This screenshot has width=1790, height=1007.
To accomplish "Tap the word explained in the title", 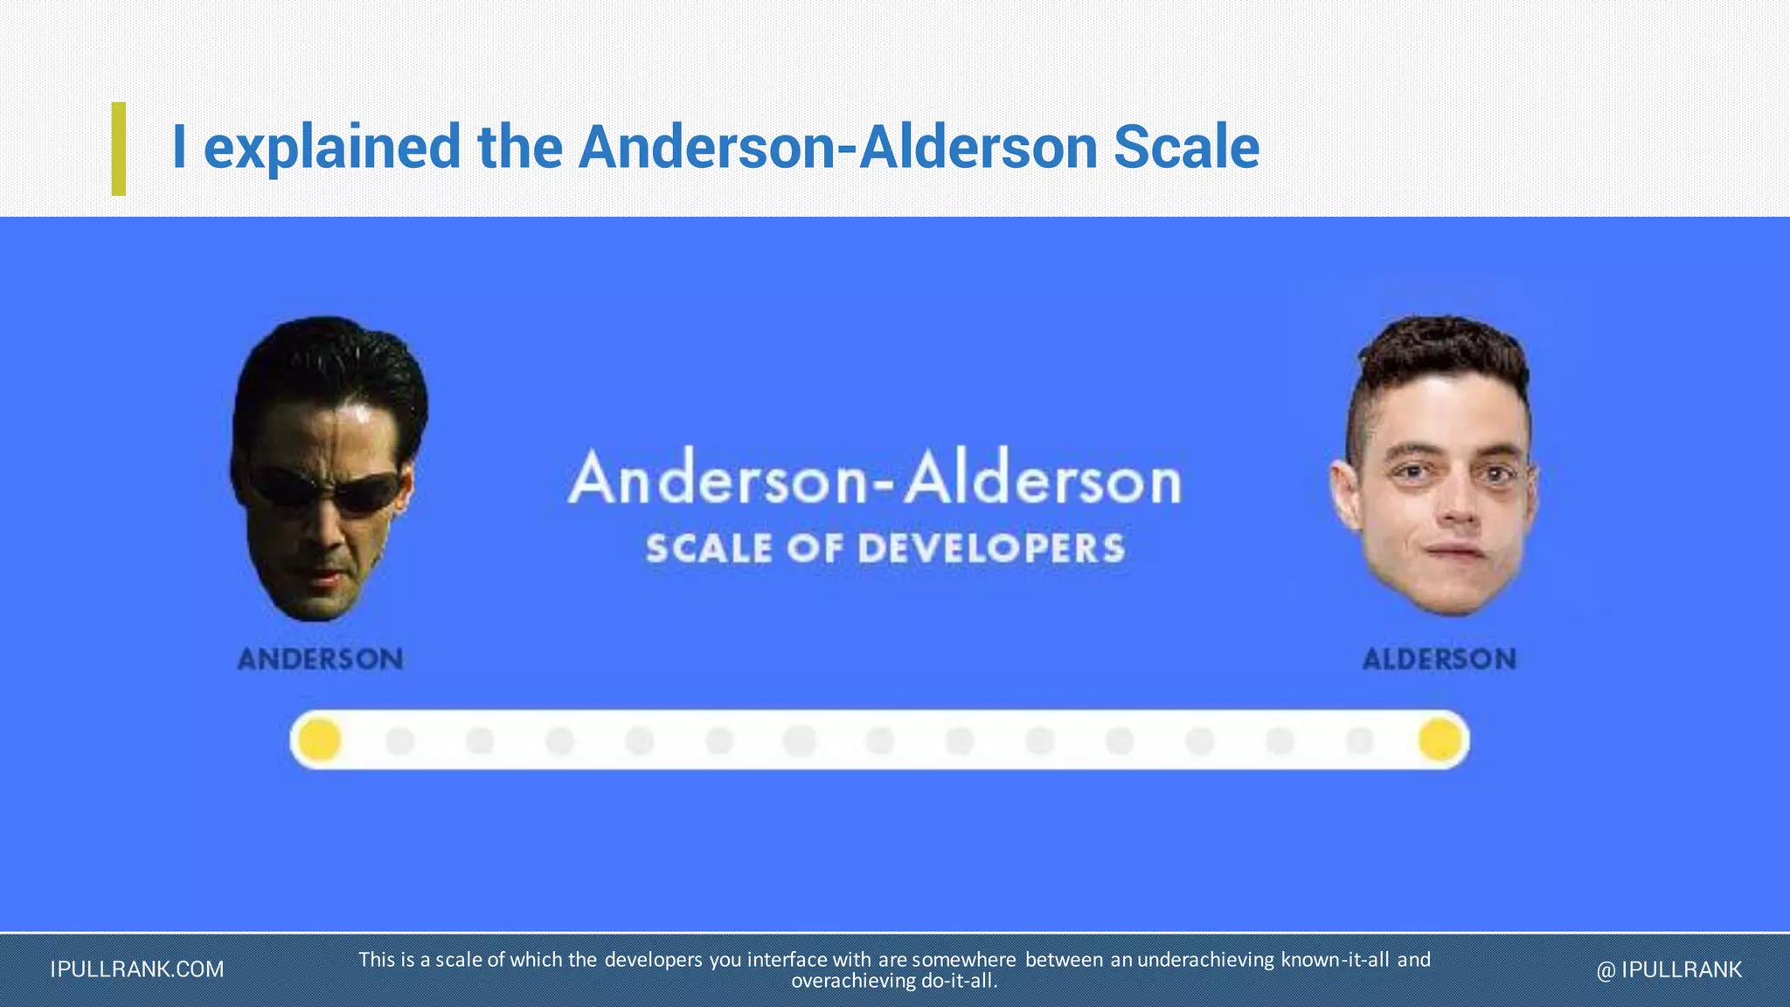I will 332,149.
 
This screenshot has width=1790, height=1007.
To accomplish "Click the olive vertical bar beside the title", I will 119,149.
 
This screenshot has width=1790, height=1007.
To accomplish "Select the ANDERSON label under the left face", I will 321,658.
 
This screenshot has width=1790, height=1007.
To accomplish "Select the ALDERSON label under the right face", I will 1439,658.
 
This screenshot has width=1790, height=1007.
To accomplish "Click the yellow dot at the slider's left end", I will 320,740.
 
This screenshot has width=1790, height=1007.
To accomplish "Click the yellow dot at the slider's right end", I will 1440,740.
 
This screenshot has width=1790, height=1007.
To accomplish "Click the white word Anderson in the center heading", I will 717,480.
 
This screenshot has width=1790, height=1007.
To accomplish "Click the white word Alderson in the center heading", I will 1043,480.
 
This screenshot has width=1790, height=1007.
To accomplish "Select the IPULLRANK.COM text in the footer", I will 137,969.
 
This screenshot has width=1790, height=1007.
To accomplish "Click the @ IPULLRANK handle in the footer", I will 1669,969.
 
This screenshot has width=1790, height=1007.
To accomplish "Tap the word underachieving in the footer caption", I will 1206,960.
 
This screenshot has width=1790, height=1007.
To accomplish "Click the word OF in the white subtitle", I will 814,549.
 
